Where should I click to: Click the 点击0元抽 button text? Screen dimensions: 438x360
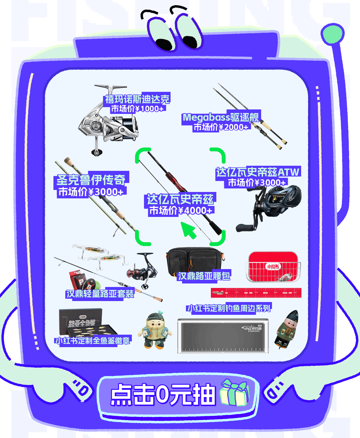click(x=163, y=394)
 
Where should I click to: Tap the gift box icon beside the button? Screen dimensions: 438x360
click(x=234, y=393)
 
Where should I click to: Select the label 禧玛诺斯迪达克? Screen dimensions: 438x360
click(x=137, y=99)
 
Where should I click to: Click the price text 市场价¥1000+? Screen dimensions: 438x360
click(x=137, y=109)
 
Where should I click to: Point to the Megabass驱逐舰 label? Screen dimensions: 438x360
click(x=220, y=117)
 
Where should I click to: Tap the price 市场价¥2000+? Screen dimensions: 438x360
click(x=221, y=127)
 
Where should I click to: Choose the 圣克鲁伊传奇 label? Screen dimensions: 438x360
click(x=91, y=179)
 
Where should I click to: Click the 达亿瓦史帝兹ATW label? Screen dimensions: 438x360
click(x=258, y=172)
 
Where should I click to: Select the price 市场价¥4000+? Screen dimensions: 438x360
click(x=180, y=210)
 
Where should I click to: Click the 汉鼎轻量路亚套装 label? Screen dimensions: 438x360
click(x=100, y=293)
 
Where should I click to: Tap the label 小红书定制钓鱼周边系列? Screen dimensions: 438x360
click(x=229, y=308)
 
